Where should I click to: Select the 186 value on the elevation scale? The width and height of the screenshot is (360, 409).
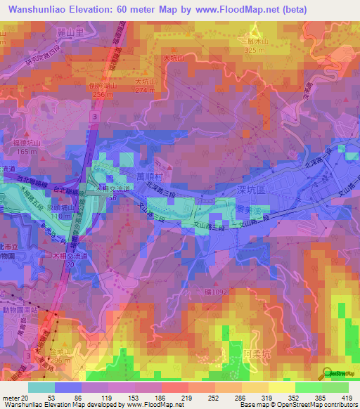point(160,398)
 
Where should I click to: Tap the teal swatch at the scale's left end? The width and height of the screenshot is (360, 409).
point(42,387)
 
